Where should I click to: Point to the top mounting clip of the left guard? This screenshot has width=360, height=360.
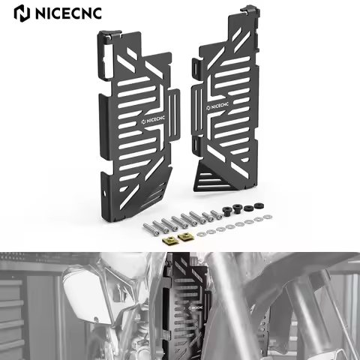tap(106, 37)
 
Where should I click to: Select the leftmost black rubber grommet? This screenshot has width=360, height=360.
tap(225, 209)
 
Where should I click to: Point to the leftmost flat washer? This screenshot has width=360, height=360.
tap(202, 231)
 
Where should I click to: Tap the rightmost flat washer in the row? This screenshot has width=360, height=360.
tap(262, 218)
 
